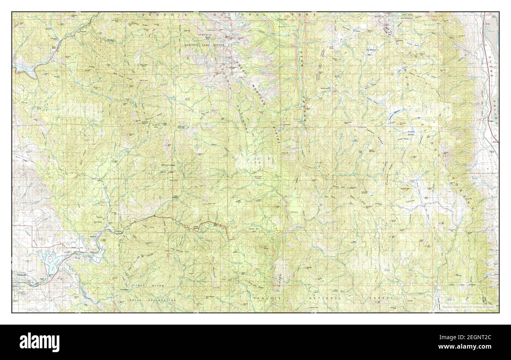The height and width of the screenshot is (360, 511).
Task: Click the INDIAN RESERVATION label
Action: pos(151,300)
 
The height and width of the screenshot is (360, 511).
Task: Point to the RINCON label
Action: pos(280,279)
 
